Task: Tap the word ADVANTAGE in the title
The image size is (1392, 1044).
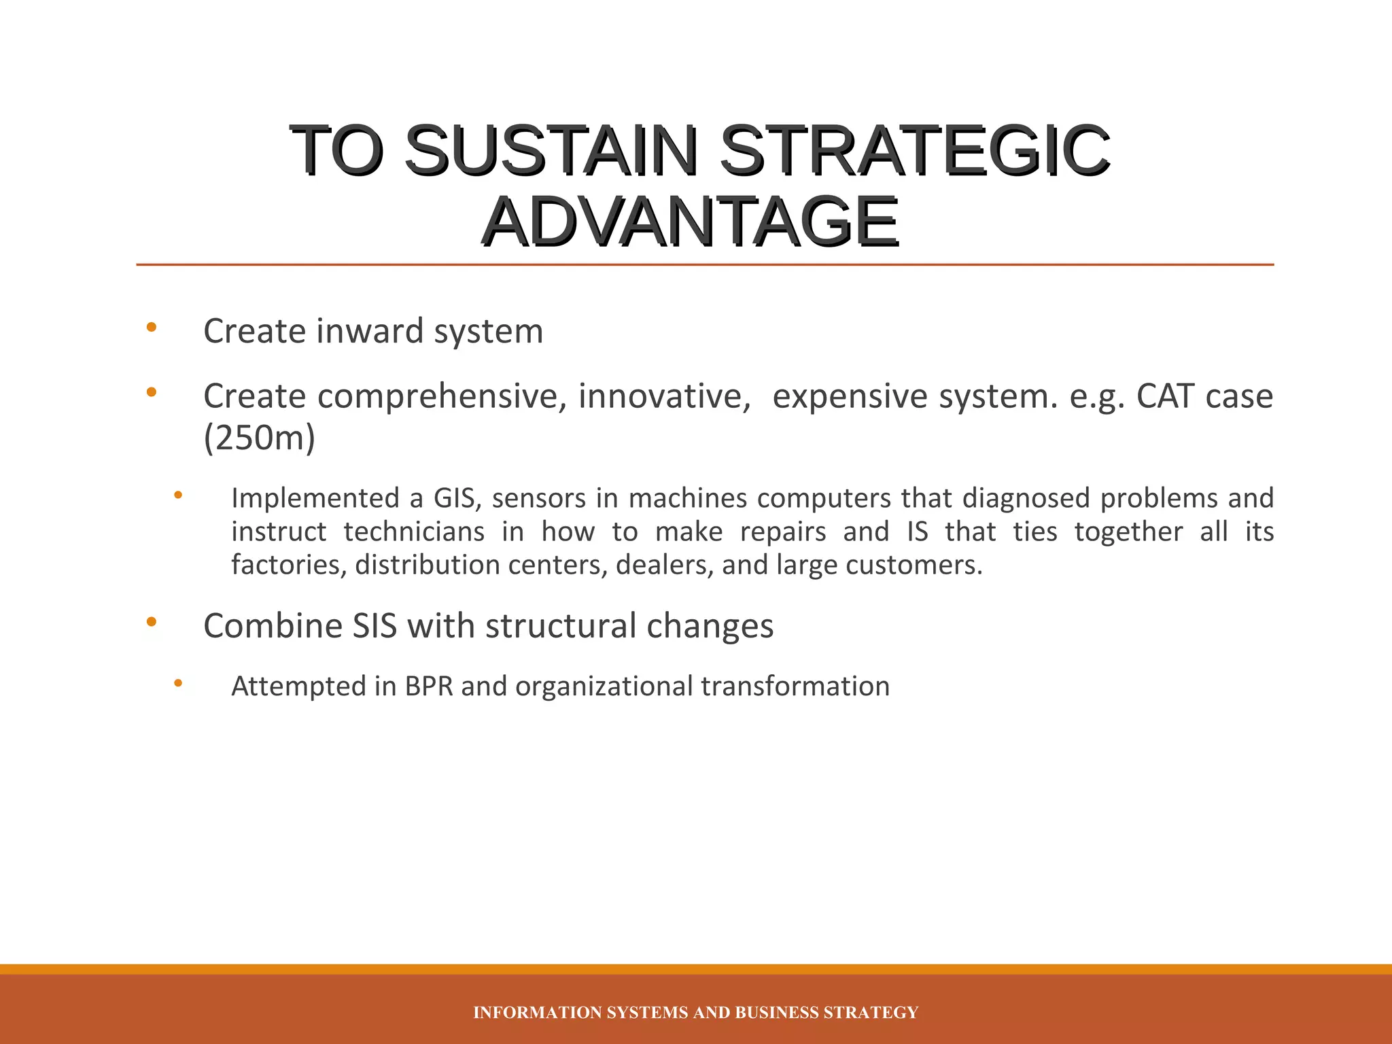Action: [x=691, y=222]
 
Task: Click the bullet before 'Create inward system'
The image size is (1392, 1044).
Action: [x=152, y=328]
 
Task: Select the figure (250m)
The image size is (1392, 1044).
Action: [x=260, y=438]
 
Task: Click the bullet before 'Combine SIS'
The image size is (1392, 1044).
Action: [x=152, y=622]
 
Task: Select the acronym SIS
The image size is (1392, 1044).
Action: [x=375, y=626]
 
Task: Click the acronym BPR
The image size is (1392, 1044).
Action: [x=429, y=686]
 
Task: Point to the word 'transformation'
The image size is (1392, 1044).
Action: [x=795, y=686]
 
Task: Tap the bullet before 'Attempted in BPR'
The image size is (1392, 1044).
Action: [x=178, y=683]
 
